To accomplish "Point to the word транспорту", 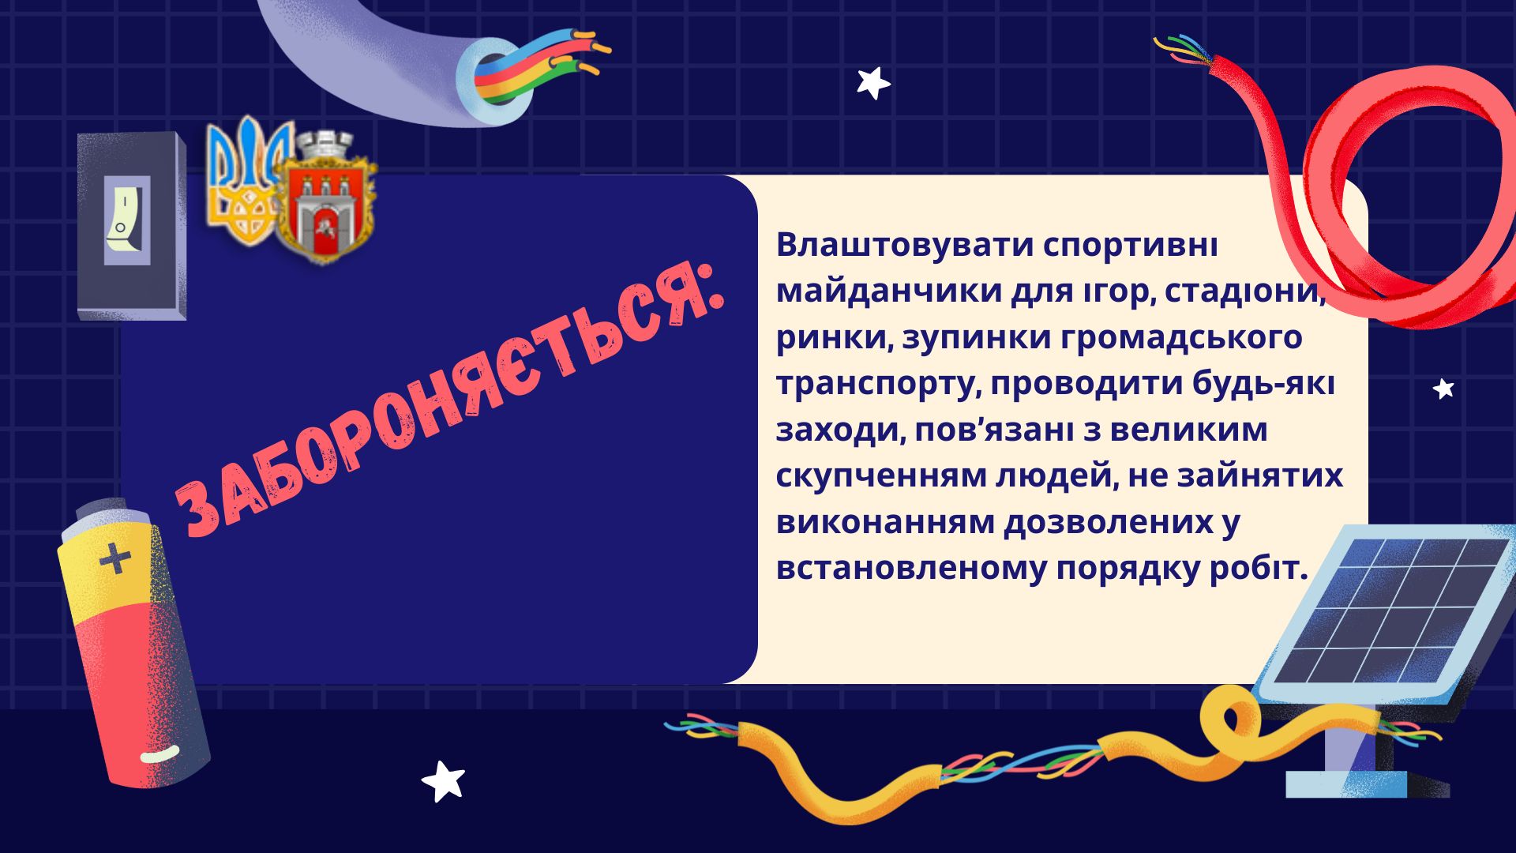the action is (878, 385).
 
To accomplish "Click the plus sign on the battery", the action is (115, 558).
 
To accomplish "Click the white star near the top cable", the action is (873, 83).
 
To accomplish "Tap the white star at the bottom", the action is (443, 780).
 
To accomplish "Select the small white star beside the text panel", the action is (1443, 389).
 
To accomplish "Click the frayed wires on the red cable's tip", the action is (1183, 49).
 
